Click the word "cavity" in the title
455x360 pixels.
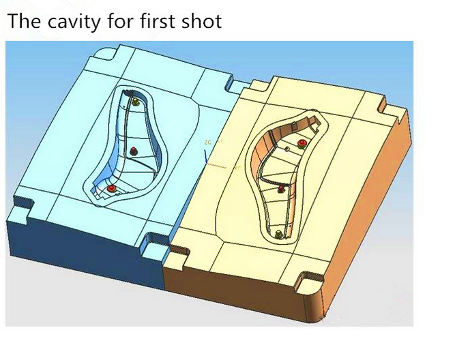(x=74, y=22)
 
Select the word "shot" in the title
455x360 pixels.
(x=202, y=21)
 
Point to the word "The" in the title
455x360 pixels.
(x=25, y=21)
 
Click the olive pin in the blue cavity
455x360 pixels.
(x=136, y=102)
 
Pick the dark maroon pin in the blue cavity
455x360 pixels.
(x=133, y=151)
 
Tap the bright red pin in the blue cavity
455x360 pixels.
(x=111, y=189)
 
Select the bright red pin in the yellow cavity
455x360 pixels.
(x=302, y=143)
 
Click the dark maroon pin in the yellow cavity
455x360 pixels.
(x=280, y=189)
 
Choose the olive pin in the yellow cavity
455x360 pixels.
(x=279, y=234)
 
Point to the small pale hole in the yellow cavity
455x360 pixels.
(x=287, y=149)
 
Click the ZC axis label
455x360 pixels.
(x=208, y=142)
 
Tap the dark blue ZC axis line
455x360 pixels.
(x=206, y=157)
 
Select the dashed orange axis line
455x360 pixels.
(x=216, y=166)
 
